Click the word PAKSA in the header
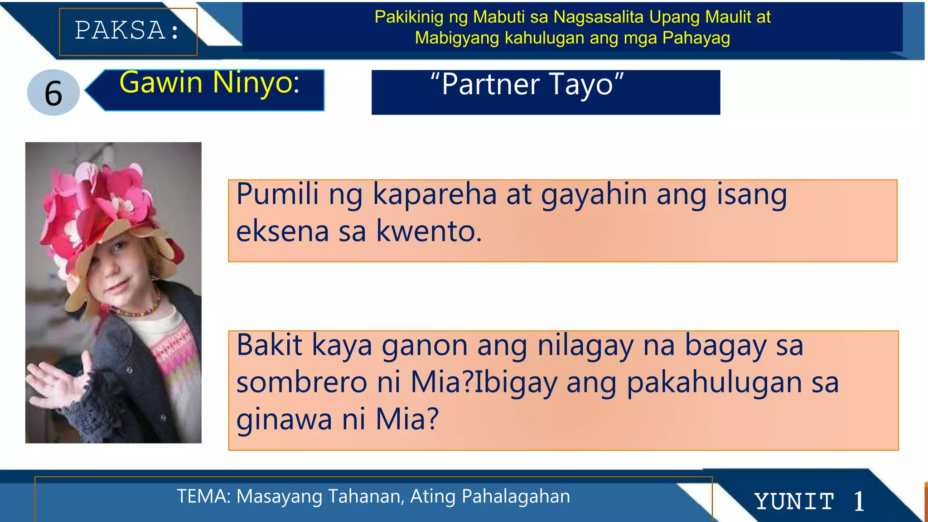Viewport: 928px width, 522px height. click(120, 31)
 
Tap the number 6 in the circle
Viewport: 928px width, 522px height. click(53, 93)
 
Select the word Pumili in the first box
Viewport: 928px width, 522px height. click(277, 194)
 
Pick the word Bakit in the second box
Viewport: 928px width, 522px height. click(269, 345)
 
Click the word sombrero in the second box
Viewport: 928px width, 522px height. click(301, 382)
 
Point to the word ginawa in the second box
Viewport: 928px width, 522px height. click(284, 419)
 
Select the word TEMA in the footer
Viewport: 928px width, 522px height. click(203, 497)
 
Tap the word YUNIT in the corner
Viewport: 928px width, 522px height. click(794, 502)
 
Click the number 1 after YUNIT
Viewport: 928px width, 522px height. click(859, 502)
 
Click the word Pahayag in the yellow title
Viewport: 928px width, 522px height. click(696, 38)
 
